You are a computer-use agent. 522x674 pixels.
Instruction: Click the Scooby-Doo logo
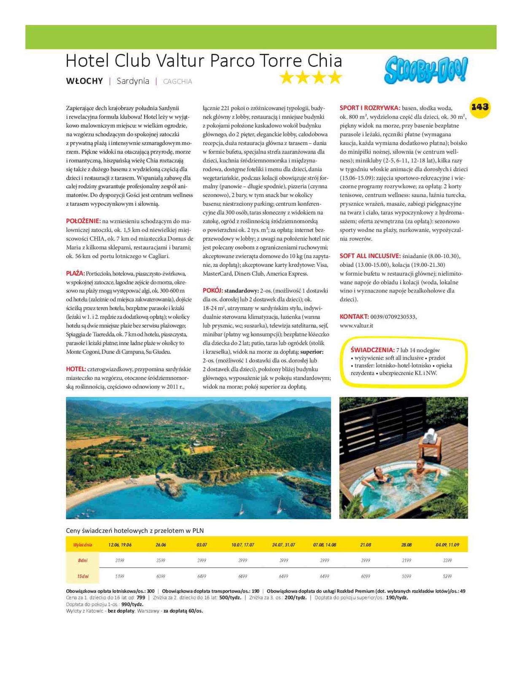click(425, 70)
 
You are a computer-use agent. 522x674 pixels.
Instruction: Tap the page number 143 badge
click(480, 107)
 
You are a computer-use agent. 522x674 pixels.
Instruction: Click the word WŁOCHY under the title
click(84, 81)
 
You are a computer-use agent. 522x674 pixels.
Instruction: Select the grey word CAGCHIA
click(178, 82)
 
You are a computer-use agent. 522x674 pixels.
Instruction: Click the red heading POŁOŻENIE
click(83, 221)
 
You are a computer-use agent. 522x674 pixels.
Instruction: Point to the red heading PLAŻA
click(75, 274)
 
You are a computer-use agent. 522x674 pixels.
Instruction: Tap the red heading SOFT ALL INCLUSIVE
click(370, 256)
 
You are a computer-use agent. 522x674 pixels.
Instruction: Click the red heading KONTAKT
click(354, 317)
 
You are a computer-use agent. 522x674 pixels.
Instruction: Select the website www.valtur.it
click(356, 325)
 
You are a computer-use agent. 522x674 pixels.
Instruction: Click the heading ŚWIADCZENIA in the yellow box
click(372, 350)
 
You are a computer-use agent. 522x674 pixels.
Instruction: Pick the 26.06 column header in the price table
click(161, 545)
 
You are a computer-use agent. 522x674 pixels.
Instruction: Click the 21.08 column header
click(366, 545)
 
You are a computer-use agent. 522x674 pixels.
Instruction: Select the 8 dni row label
click(83, 561)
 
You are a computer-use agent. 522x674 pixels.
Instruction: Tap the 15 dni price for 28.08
click(406, 576)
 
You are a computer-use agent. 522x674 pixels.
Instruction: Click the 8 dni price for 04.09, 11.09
click(447, 561)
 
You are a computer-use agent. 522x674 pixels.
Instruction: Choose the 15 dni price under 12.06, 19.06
click(120, 576)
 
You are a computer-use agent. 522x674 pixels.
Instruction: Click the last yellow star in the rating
click(335, 77)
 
